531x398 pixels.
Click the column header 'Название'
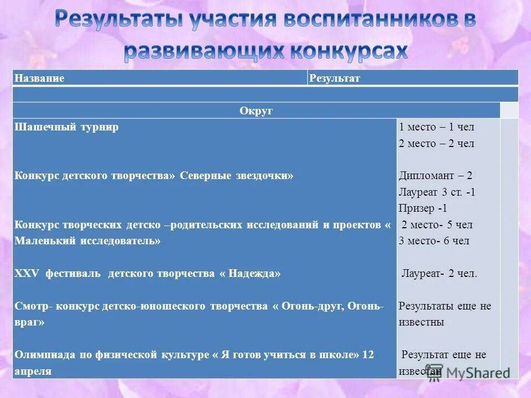pos(39,78)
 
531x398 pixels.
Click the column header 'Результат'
pos(335,78)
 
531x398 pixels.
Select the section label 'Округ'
pos(256,111)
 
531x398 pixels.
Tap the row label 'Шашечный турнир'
pos(67,127)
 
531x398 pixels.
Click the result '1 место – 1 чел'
pos(436,127)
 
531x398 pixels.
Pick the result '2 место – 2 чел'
pos(436,144)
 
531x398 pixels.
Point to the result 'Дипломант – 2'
pos(435,176)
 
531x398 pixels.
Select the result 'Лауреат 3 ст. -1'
pos(437,192)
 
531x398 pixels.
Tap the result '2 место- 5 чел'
pos(437,225)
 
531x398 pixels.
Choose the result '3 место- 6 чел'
pos(434,241)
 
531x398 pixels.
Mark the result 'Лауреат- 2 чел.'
pos(439,274)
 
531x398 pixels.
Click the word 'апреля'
pos(33,371)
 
